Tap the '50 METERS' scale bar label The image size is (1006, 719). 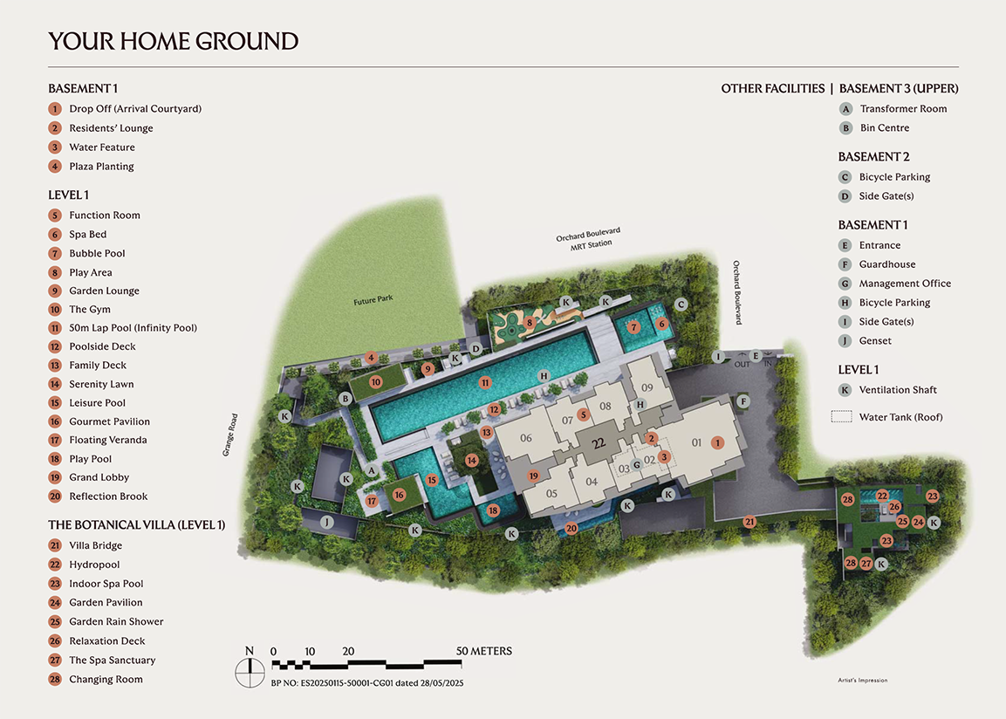coord(484,651)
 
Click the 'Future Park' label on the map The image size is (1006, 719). coord(373,299)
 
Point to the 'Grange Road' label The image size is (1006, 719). coord(229,435)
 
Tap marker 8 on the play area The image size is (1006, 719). coord(530,323)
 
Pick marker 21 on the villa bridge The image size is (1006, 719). coord(750,522)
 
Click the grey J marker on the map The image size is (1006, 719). coord(327,522)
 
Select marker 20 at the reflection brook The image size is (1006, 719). coord(571,528)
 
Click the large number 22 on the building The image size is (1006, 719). coord(599,443)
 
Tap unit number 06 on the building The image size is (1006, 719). coord(525,438)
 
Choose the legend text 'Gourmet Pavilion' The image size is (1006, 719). coord(109,421)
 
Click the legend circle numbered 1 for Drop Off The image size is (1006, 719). coord(55,109)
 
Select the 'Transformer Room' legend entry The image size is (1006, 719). coord(903,109)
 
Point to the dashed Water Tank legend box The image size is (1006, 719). coord(842,417)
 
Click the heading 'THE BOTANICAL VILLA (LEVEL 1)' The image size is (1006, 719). coord(136,525)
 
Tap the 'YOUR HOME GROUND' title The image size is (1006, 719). coord(173,41)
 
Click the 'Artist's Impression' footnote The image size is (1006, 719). coord(861,681)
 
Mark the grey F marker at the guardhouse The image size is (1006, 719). coord(744,401)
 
